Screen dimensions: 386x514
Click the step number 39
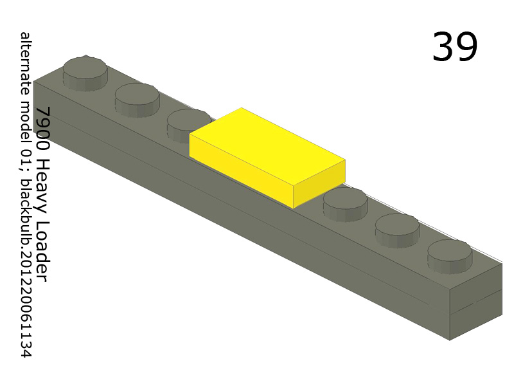[x=455, y=47]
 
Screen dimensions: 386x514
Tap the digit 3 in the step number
[x=443, y=47]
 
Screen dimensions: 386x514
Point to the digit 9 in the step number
[x=467, y=47]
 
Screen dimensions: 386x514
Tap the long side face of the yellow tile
[x=241, y=170]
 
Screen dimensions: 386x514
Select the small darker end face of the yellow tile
[x=319, y=183]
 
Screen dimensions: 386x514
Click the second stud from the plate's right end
[x=397, y=226]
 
